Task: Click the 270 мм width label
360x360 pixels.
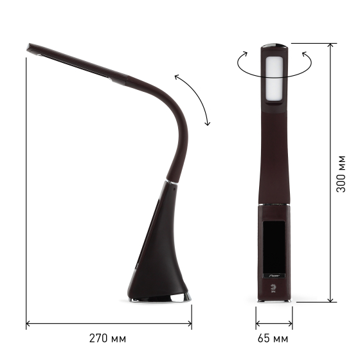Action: point(108,338)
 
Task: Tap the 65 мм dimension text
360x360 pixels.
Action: point(273,338)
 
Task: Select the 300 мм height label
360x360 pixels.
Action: point(341,174)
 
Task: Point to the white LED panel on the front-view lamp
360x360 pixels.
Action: point(274,78)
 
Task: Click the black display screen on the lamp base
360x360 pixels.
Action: point(274,247)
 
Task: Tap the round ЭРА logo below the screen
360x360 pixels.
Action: point(273,287)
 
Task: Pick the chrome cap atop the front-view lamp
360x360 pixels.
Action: point(274,45)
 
